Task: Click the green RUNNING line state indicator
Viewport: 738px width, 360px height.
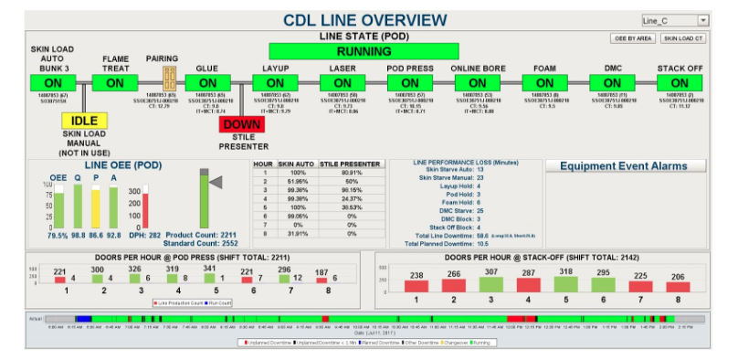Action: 364,51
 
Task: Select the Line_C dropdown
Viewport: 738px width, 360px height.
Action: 675,20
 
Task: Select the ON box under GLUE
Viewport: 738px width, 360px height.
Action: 206,82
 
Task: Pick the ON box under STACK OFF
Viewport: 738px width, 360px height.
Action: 680,82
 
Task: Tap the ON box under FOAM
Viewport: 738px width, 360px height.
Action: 544,82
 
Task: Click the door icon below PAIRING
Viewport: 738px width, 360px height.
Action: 169,78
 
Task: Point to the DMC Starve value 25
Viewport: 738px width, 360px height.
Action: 480,211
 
